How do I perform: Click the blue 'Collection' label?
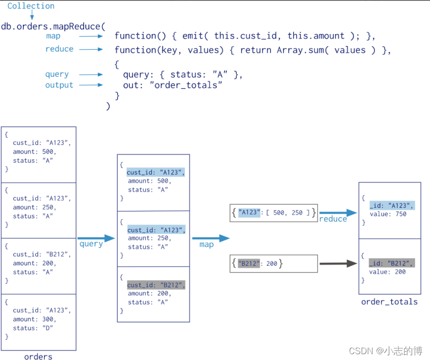pos(31,6)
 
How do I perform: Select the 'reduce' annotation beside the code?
pos(59,49)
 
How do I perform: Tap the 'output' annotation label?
pos(59,85)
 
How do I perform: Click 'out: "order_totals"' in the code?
pos(172,86)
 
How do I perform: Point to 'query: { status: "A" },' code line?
pos(183,75)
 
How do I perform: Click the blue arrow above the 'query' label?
pos(96,238)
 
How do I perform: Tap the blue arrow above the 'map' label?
pos(210,238)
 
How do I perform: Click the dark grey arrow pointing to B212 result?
pos(338,264)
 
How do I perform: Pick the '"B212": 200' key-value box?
pos(274,264)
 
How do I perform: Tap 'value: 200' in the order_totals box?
pos(387,272)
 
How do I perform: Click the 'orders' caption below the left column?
pos(38,357)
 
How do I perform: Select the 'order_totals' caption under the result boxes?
pos(389,302)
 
